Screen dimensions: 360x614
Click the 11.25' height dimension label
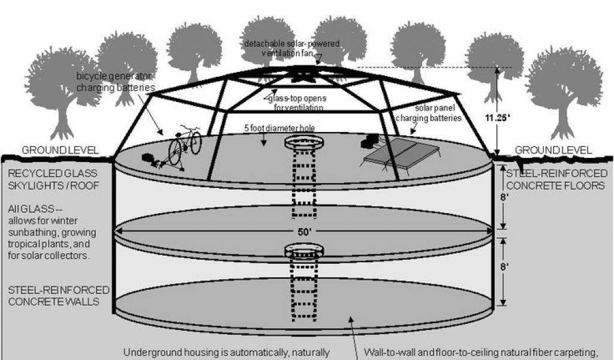click(496, 118)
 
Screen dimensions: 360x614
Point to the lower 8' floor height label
click(504, 265)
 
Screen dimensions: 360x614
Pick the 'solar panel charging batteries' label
click(428, 113)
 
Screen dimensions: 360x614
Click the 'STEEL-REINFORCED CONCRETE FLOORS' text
click(556, 179)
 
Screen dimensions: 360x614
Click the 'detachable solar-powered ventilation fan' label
click(291, 49)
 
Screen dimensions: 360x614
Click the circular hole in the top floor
click(302, 143)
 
